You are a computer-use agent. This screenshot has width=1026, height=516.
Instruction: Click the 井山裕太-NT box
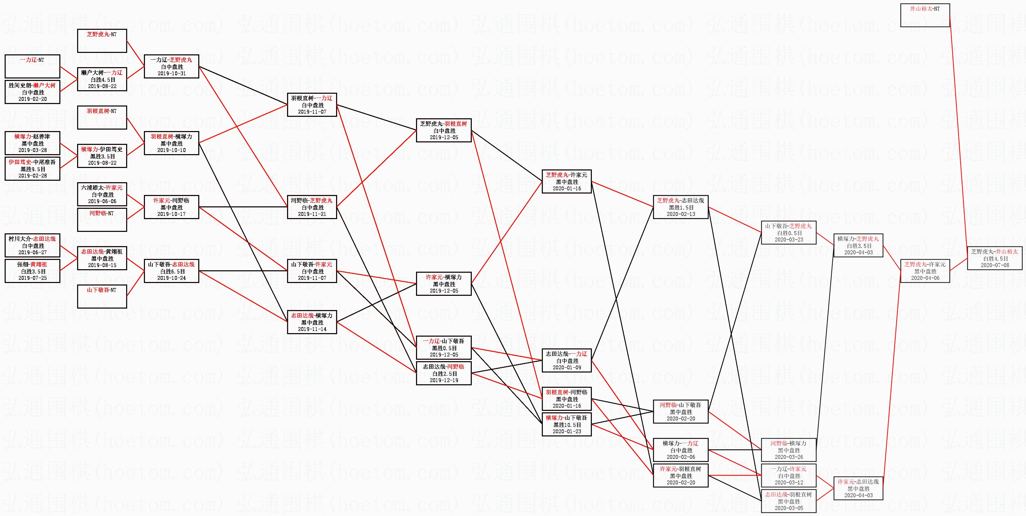[925, 15]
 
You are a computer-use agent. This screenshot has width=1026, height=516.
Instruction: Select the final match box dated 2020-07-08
[994, 258]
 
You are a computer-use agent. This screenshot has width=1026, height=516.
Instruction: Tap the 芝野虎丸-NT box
[102, 40]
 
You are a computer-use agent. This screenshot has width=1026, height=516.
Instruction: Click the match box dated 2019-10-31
[171, 66]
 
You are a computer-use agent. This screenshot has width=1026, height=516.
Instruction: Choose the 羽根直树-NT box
[102, 118]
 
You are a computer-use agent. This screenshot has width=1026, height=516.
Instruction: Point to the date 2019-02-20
[33, 99]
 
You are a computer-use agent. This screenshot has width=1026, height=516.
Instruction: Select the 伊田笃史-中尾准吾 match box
[33, 169]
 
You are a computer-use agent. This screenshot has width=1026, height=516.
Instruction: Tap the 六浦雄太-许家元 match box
[102, 194]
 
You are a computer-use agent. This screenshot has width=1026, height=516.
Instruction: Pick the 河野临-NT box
[102, 220]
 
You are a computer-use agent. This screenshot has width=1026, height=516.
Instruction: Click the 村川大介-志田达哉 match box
[33, 245]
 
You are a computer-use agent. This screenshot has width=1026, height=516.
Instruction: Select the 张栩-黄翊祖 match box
[33, 271]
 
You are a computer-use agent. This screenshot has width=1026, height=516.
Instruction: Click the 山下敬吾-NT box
[102, 296]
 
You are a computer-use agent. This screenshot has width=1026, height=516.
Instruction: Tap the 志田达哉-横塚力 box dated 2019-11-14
[312, 322]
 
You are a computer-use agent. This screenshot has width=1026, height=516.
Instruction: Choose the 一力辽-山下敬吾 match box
[444, 348]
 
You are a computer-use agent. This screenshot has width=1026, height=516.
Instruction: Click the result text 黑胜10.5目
[567, 425]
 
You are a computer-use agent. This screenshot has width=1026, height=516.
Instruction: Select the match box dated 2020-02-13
[681, 207]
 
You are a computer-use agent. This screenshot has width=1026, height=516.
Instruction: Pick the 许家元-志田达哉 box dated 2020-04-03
[858, 488]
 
